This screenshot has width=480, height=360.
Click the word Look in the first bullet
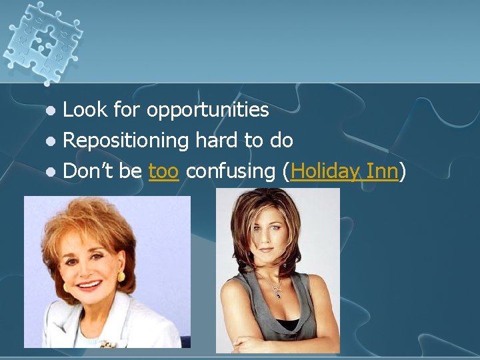pyautogui.click(x=85, y=110)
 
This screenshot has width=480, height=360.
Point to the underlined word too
pyautogui.click(x=163, y=171)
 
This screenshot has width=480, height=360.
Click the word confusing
pyautogui.click(x=231, y=172)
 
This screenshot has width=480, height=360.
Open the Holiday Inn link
pyautogui.click(x=345, y=172)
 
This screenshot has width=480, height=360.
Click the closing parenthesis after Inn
pyautogui.click(x=403, y=172)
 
